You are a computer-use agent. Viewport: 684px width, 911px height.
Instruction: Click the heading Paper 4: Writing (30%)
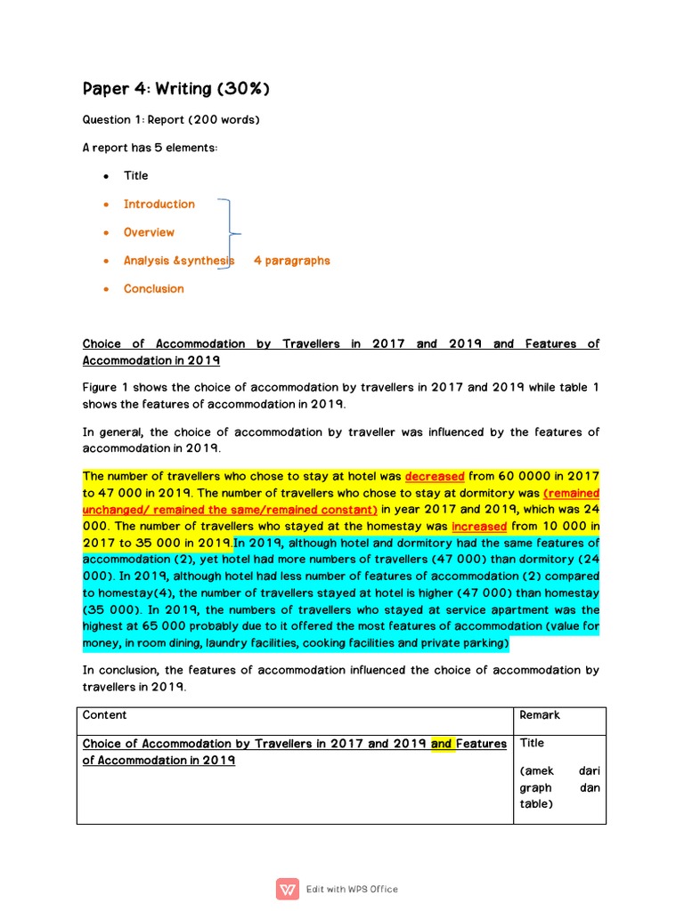pos(176,89)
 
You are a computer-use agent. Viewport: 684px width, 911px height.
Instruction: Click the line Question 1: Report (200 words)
pos(171,119)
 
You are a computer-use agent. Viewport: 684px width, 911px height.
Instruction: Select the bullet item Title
pos(135,176)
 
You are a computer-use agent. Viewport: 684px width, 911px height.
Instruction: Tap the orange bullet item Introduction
pos(159,204)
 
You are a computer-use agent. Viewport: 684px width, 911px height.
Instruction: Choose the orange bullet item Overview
pos(149,232)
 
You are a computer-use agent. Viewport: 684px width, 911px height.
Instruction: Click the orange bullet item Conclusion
pos(153,288)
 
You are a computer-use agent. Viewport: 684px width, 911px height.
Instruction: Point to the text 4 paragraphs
pos(291,261)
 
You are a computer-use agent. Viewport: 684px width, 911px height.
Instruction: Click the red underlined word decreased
pos(435,477)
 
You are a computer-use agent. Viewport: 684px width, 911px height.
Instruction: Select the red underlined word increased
pos(479,527)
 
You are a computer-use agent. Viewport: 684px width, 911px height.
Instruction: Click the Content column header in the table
pos(104,715)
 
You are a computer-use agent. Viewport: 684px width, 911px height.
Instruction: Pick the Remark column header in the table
pos(540,715)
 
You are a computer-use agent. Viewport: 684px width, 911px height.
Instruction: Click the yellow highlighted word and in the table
pos(442,744)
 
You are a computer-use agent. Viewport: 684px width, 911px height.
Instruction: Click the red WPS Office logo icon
pos(288,889)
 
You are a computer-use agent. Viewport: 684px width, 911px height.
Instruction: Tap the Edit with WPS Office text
pos(352,889)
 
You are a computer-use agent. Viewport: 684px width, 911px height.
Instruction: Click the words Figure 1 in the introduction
pos(106,387)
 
